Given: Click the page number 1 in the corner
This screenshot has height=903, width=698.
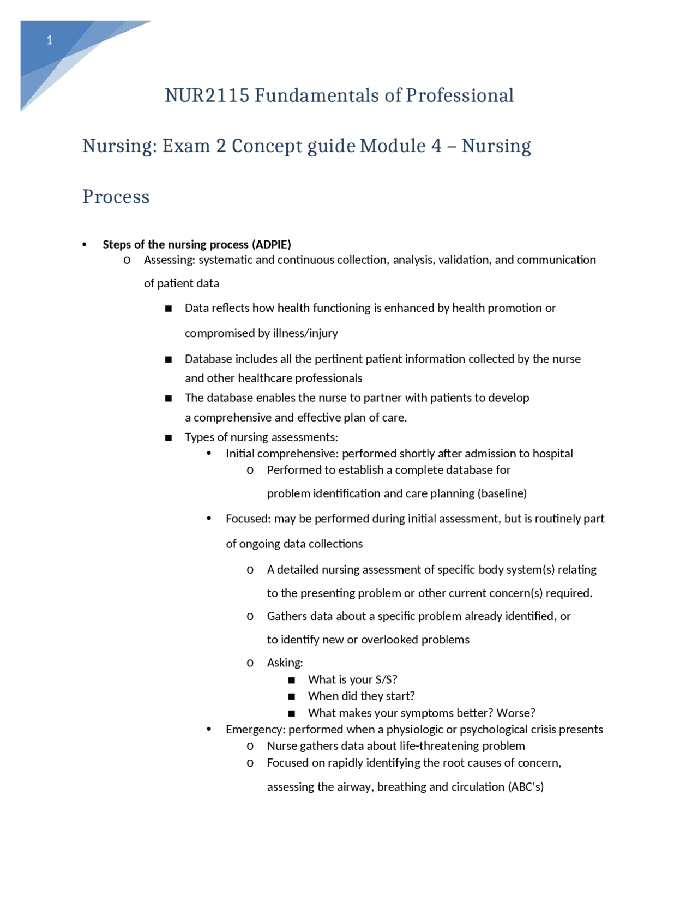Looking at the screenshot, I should [x=50, y=40].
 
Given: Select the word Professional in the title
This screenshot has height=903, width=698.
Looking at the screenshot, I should [x=459, y=96].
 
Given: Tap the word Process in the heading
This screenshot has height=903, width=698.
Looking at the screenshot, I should [x=116, y=197].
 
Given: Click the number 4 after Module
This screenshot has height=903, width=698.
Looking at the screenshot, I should [x=437, y=146].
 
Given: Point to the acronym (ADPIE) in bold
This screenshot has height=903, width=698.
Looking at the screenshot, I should [x=271, y=244].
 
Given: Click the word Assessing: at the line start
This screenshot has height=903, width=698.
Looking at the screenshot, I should [x=169, y=260].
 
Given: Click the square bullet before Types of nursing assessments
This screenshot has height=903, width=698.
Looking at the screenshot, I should [x=169, y=438].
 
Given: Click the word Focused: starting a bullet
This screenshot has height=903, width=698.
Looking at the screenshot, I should [x=248, y=519].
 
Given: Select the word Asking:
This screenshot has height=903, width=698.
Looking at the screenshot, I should [x=285, y=663].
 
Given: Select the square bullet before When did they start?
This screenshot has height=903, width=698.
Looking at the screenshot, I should [x=292, y=696].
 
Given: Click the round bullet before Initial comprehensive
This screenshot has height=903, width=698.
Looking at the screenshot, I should [x=209, y=453].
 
